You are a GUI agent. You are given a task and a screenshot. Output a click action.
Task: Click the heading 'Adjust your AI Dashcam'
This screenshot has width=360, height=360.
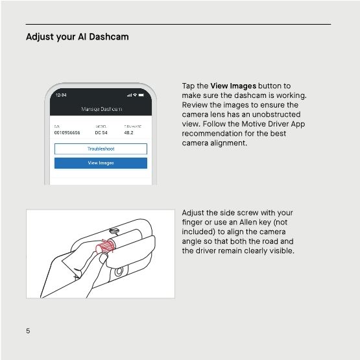[77, 37]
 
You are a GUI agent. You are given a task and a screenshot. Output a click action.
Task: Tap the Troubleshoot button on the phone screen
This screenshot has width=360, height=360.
[101, 149]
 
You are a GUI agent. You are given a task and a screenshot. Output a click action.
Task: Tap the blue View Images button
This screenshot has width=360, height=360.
[101, 163]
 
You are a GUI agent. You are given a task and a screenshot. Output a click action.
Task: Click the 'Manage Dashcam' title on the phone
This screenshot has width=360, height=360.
[101, 109]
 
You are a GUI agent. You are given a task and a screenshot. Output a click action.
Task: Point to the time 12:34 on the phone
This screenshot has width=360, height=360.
[60, 95]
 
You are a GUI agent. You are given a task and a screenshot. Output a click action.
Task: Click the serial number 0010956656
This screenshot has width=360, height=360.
[67, 133]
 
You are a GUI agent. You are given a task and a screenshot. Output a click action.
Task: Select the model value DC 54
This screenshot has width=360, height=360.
[101, 133]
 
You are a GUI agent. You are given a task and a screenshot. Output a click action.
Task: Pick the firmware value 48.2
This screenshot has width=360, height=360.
[128, 133]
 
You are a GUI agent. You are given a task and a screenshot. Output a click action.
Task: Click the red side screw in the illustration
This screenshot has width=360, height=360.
[104, 247]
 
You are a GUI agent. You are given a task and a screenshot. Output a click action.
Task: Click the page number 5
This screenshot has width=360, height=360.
[28, 331]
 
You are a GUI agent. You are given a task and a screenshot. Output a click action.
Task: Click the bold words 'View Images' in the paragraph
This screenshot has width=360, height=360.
[234, 86]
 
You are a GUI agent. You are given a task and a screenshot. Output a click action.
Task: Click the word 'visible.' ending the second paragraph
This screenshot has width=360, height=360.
[279, 250]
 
